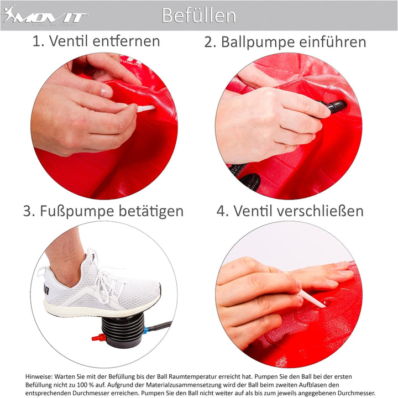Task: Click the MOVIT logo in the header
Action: (44, 15)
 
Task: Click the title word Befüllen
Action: (198, 15)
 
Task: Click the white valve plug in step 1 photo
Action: (145, 109)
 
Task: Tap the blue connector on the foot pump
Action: (145, 332)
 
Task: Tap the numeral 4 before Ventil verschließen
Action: (221, 211)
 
